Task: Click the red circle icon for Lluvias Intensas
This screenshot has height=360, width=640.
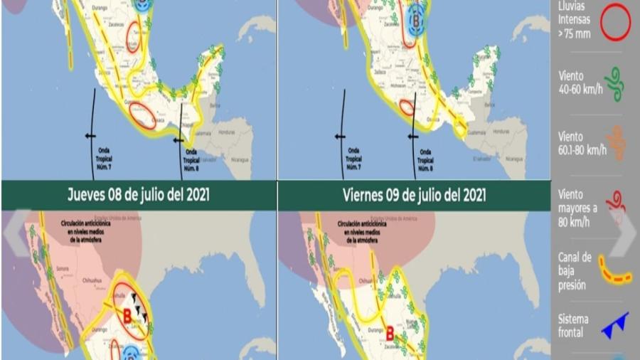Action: (x=615, y=23)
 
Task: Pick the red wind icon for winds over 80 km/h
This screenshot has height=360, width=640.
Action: (x=616, y=203)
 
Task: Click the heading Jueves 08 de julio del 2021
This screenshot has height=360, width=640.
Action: (x=138, y=194)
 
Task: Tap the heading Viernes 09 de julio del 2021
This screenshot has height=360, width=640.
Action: (x=415, y=194)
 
